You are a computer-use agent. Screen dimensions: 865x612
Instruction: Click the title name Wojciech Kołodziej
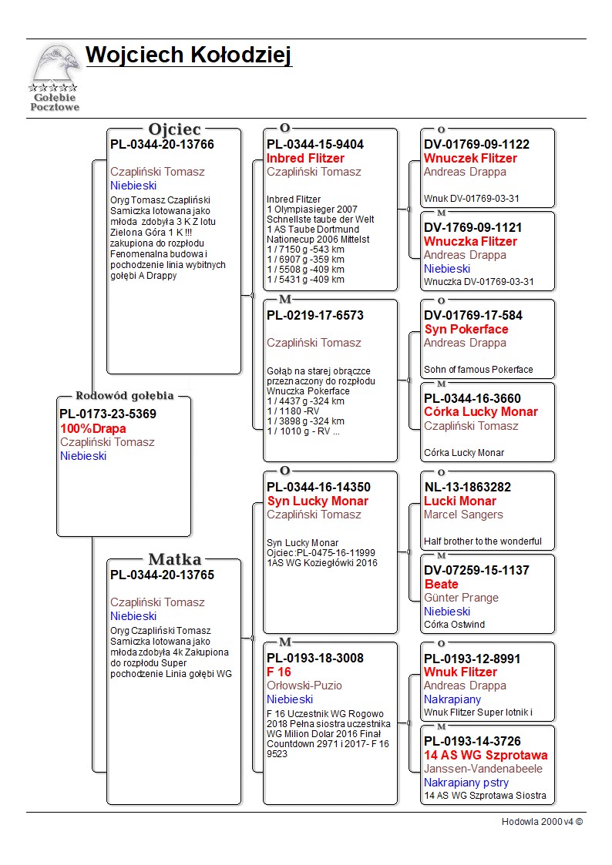click(x=189, y=55)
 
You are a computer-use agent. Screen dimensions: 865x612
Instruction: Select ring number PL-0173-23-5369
click(x=108, y=414)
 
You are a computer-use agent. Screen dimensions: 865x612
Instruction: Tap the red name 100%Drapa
click(x=93, y=428)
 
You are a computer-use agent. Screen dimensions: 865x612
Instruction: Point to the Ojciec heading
click(x=174, y=129)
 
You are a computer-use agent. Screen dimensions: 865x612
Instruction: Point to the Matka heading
click(x=174, y=560)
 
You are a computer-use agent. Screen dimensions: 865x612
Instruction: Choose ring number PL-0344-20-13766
click(x=162, y=144)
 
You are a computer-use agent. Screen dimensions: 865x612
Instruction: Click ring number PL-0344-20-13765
click(x=162, y=575)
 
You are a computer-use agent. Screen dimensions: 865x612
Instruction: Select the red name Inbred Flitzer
click(x=305, y=159)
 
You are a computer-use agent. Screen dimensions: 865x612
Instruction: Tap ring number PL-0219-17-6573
click(x=315, y=315)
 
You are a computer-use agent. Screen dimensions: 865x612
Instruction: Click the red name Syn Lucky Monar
click(x=318, y=501)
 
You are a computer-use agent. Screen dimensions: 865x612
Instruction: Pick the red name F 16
click(x=278, y=672)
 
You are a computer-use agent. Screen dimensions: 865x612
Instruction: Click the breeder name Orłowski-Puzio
click(x=304, y=686)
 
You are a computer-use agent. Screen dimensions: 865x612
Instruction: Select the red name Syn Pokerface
click(x=466, y=330)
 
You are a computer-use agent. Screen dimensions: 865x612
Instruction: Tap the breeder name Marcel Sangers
click(x=463, y=515)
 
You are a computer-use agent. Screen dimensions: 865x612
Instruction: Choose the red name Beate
click(x=441, y=585)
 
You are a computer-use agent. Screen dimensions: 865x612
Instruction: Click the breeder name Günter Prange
click(x=461, y=598)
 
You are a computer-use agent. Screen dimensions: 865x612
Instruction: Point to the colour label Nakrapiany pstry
click(x=466, y=783)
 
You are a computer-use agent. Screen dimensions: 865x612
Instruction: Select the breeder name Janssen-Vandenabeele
click(x=483, y=769)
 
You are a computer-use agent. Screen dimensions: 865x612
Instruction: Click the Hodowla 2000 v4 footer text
click(x=542, y=822)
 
